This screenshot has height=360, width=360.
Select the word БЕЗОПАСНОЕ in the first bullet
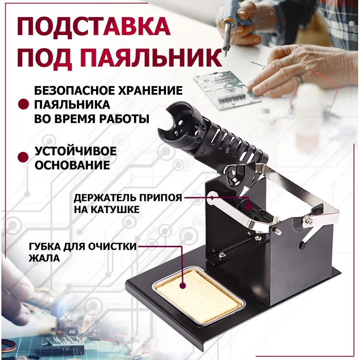tap(74, 91)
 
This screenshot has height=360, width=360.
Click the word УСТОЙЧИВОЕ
tap(76, 151)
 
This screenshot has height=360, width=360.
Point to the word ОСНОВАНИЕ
tap(72, 165)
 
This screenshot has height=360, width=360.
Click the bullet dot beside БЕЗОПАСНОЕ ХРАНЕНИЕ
tap(24, 104)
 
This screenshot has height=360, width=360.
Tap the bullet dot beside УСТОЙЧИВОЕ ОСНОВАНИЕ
tap(23, 157)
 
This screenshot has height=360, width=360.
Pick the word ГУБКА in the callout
tap(45, 247)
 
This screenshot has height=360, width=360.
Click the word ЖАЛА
tap(44, 258)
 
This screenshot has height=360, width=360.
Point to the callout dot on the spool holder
tap(249, 207)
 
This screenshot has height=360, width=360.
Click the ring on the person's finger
tap(299, 79)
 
